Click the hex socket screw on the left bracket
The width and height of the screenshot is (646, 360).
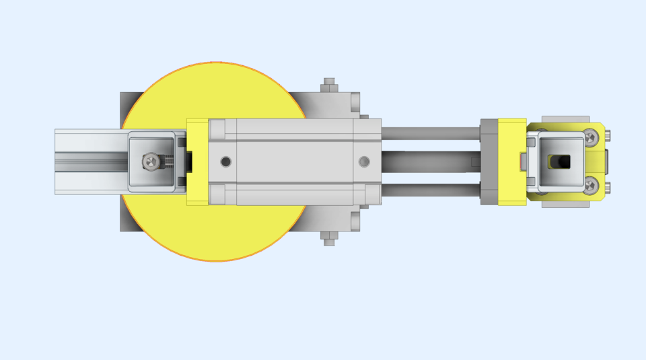click(x=153, y=161)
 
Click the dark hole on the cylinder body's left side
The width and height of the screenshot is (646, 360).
click(x=225, y=161)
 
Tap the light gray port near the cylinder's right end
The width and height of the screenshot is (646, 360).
click(x=364, y=161)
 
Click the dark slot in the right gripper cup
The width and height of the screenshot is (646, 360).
click(x=560, y=161)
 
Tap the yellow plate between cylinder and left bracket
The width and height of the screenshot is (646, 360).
click(x=196, y=161)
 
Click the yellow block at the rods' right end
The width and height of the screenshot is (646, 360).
click(x=511, y=161)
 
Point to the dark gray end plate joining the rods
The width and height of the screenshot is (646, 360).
click(x=489, y=161)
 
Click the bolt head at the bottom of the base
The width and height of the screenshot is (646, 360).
click(x=328, y=238)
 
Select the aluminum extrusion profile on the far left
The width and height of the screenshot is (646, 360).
click(x=87, y=161)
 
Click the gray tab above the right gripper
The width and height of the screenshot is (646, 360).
click(x=565, y=119)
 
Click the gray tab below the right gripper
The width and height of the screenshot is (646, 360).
click(x=565, y=203)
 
